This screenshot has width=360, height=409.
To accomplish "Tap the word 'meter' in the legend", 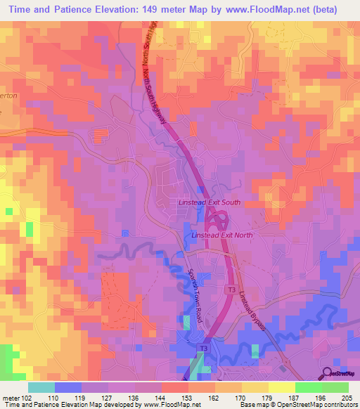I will pos(10,397).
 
